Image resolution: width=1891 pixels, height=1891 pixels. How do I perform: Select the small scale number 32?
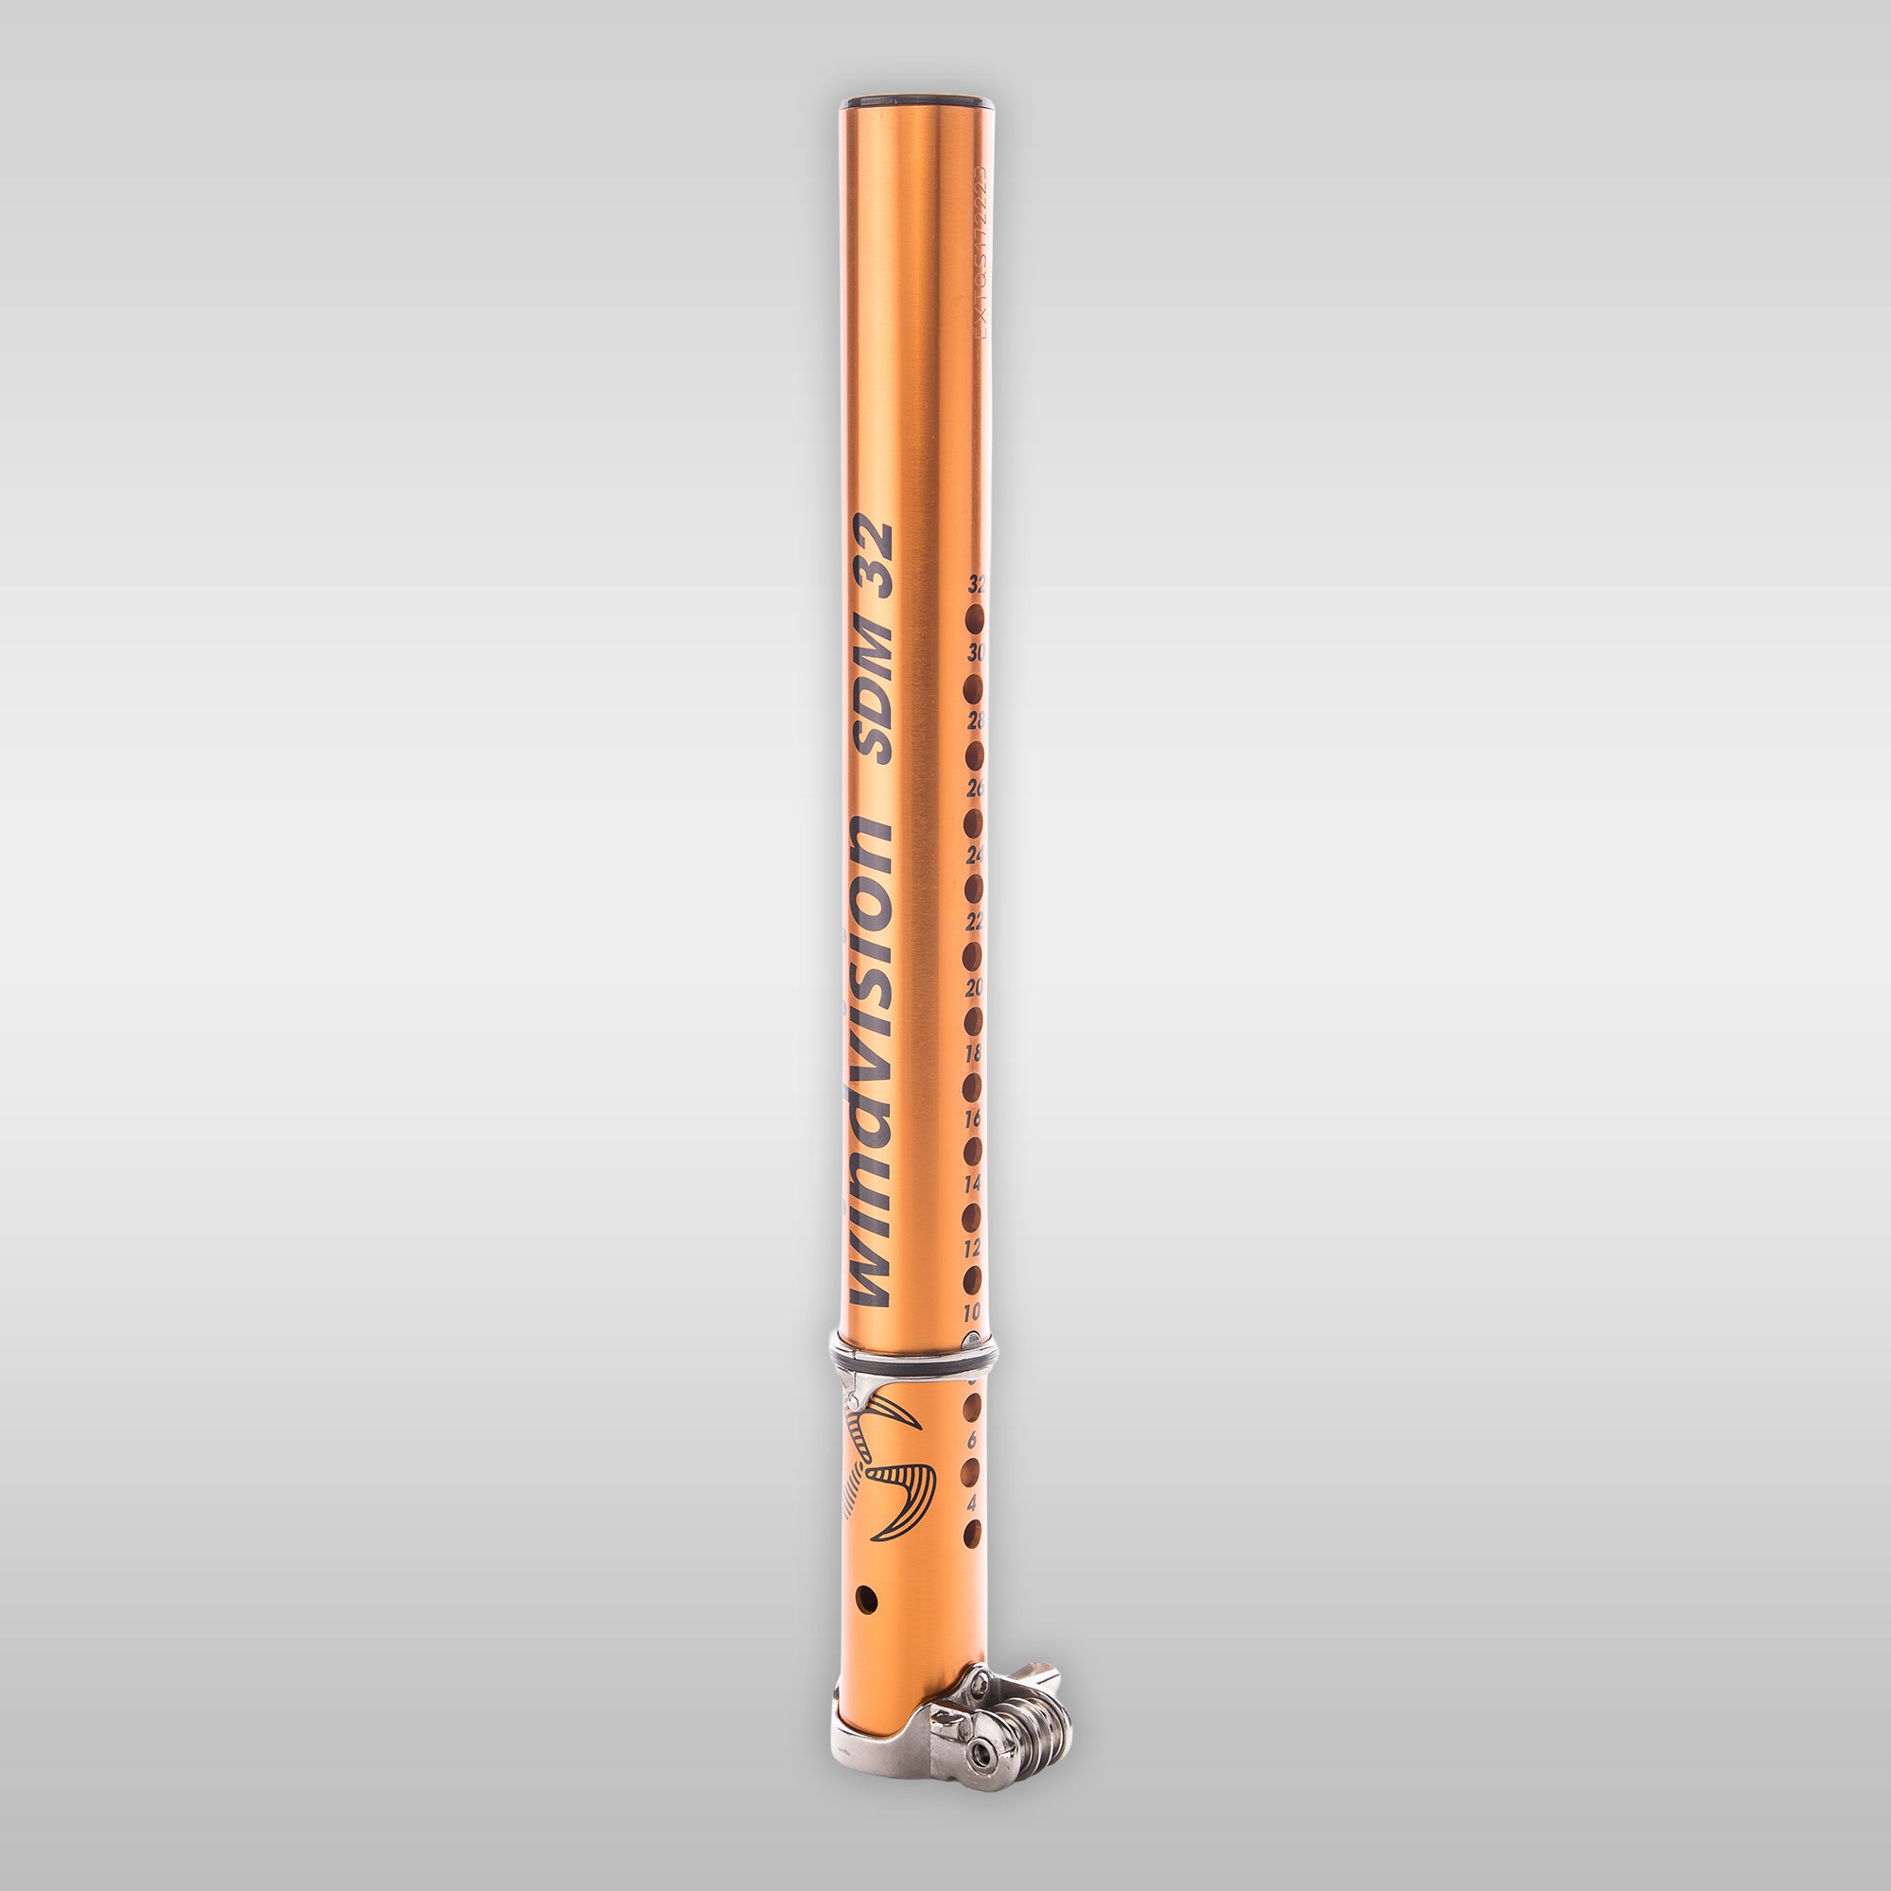point(976,586)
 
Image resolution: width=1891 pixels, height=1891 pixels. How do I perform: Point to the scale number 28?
point(975,721)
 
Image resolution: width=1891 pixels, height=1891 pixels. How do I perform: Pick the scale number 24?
point(975,856)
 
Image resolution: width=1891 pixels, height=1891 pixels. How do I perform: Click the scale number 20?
point(974,989)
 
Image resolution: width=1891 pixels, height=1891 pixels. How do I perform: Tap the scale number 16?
point(973,1119)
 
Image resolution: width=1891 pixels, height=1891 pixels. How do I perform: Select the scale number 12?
point(972,1248)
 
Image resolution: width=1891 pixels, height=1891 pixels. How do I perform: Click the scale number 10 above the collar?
point(971,1312)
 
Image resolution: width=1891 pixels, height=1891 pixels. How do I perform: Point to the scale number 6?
point(972,1441)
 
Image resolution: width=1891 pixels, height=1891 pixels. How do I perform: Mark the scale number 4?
point(971,1502)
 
